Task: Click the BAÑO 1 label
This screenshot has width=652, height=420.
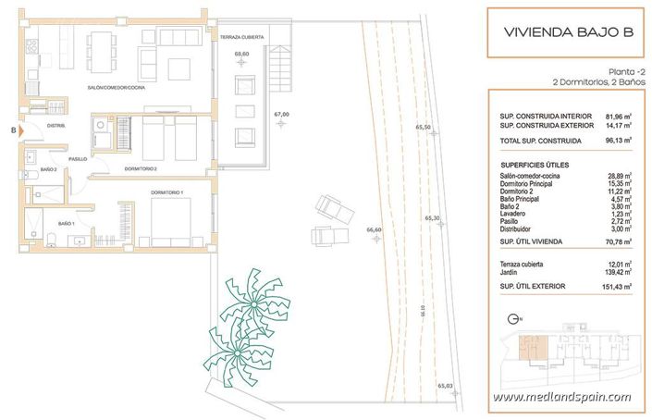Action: click(x=66, y=225)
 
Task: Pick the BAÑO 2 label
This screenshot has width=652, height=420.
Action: click(x=50, y=169)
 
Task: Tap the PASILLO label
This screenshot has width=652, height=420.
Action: click(x=76, y=159)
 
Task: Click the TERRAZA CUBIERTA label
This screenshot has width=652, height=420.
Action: click(x=242, y=37)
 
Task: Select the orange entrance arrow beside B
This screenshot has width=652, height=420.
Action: click(x=22, y=131)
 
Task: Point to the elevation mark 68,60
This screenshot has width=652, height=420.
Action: click(x=241, y=55)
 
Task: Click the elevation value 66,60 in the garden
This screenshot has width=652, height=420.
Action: click(x=375, y=229)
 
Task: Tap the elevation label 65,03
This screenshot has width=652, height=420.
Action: click(x=445, y=385)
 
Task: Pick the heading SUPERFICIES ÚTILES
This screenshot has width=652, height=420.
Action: click(x=535, y=164)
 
